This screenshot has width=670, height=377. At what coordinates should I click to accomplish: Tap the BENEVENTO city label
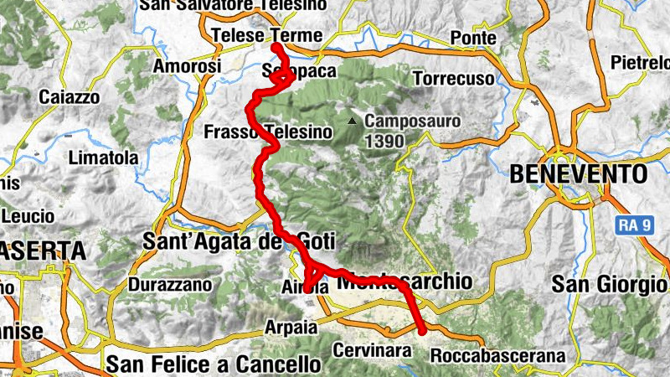pyautogui.click(x=579, y=173)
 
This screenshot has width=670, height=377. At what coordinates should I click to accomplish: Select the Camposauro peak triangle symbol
pyautogui.click(x=355, y=121)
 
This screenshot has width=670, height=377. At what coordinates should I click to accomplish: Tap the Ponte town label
pyautogui.click(x=473, y=38)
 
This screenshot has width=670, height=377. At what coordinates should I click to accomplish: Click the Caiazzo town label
pyautogui.click(x=69, y=97)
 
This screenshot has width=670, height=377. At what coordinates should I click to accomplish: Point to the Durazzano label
pyautogui.click(x=170, y=284)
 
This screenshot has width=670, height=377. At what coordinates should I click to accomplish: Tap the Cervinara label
pyautogui.click(x=374, y=349)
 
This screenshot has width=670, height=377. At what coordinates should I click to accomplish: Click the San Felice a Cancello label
pyautogui.click(x=214, y=364)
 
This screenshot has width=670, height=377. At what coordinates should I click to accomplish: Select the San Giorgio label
pyautogui.click(x=609, y=284)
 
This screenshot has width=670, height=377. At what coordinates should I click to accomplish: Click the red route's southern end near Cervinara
pyautogui.click(x=422, y=332)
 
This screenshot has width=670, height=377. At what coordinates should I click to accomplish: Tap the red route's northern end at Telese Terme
pyautogui.click(x=276, y=47)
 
